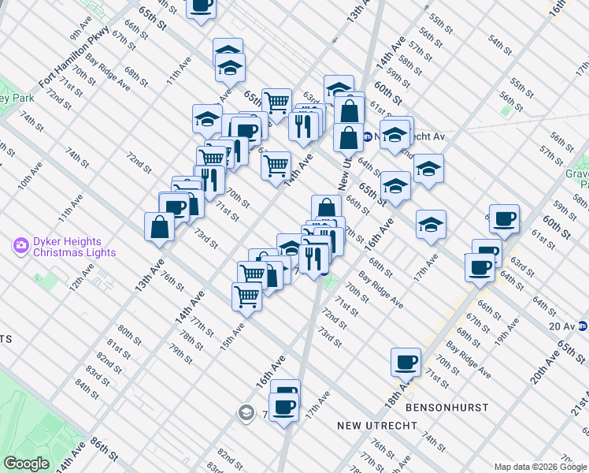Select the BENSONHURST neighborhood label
(x=446, y=408)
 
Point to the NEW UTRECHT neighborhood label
(x=370, y=426)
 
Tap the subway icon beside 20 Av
(x=582, y=325)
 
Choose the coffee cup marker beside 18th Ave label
(x=406, y=362)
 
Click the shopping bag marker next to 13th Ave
(x=160, y=225)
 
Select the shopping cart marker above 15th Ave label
(x=246, y=296)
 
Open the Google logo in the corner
(x=26, y=464)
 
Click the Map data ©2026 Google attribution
(x=541, y=467)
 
